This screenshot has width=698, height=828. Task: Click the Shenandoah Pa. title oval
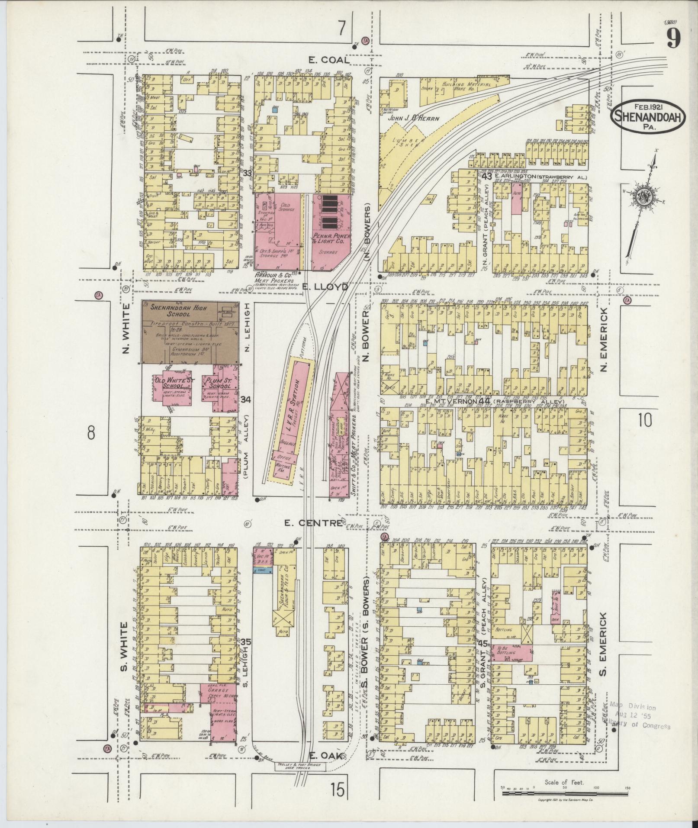click(x=648, y=116)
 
